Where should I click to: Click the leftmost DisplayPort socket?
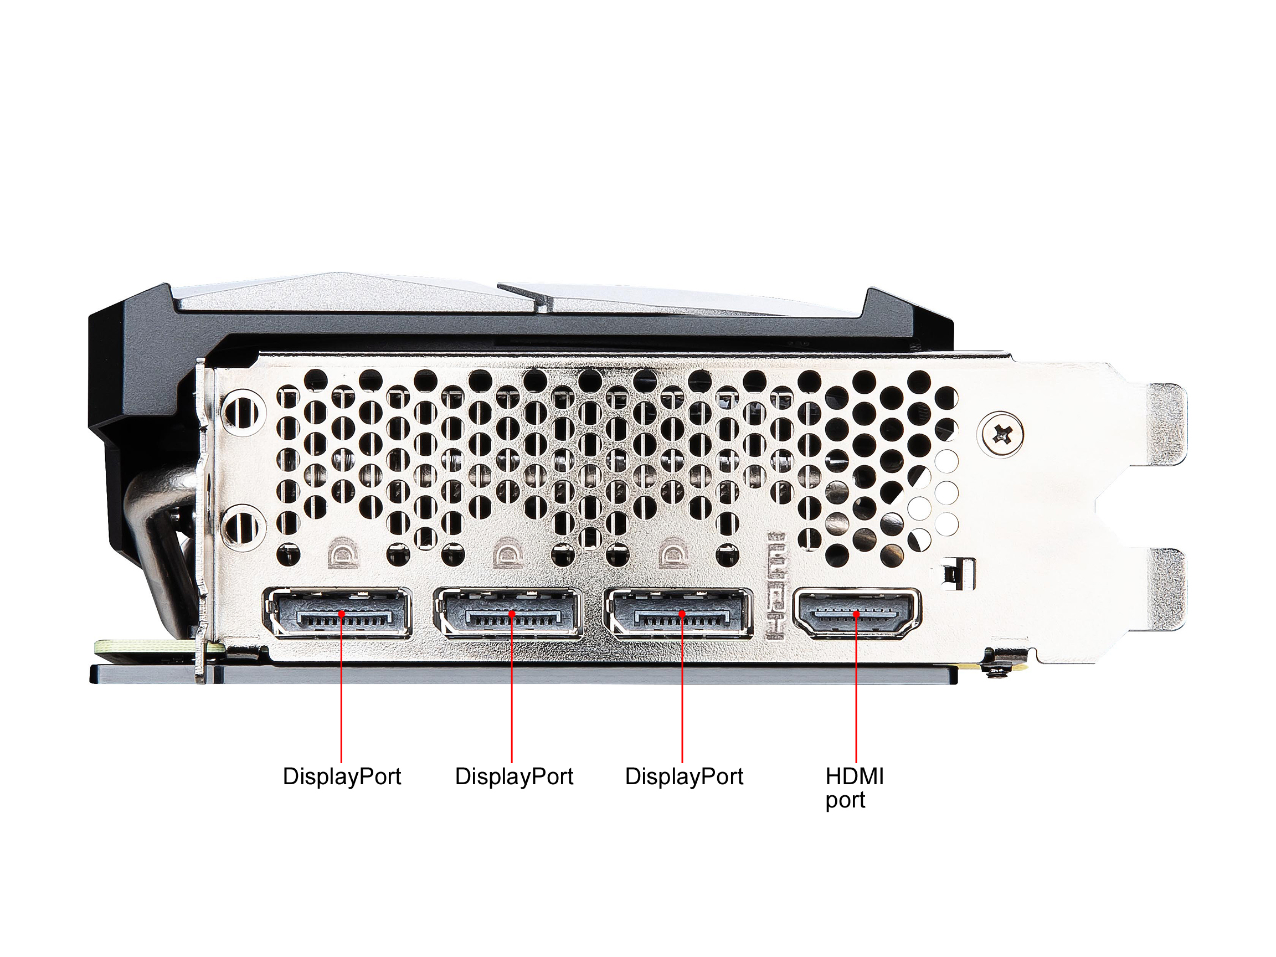pyautogui.click(x=337, y=613)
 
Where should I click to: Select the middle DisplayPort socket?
pyautogui.click(x=508, y=613)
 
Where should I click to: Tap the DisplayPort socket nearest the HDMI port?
pyautogui.click(x=678, y=613)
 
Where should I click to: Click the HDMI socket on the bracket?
pyautogui.click(x=857, y=613)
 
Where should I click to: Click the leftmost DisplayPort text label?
pyautogui.click(x=342, y=776)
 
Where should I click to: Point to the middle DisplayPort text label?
pyautogui.click(x=514, y=776)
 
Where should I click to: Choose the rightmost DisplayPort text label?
pyautogui.click(x=684, y=776)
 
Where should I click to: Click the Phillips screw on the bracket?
pyautogui.click(x=1002, y=434)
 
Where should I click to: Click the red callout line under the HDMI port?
pyautogui.click(x=856, y=688)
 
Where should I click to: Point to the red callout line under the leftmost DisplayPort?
pyautogui.click(x=342, y=688)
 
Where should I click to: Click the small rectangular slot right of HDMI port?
pyautogui.click(x=959, y=574)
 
